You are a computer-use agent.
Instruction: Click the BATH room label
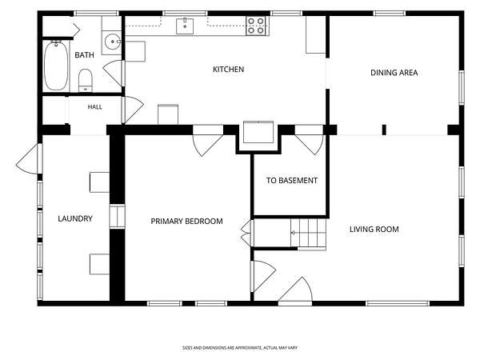pos(84,55)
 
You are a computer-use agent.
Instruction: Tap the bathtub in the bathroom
pos(56,66)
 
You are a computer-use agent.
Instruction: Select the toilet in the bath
pos(86,80)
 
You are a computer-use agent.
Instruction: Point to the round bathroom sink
pos(112,42)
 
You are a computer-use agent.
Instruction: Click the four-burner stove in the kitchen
pos(256,26)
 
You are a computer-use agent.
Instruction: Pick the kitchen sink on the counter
pos(185,26)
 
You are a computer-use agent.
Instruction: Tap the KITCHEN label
pos(228,70)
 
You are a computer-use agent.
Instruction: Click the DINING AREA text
pos(394,73)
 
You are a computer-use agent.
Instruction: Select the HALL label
pos(95,107)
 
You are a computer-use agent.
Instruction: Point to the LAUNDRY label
pos(75,218)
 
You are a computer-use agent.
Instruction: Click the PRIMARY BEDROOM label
pos(186,221)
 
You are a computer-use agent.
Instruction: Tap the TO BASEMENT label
pos(292,181)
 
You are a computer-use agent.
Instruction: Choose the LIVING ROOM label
pos(374,230)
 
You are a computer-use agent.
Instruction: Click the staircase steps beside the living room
pos(308,234)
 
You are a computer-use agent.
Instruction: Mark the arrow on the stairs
pos(308,233)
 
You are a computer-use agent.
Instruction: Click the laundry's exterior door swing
pos(28,160)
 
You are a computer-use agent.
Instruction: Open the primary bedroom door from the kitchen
pos(207,145)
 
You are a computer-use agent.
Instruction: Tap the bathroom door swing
pos(114,73)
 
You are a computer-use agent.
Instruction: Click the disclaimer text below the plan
pos(240,348)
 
